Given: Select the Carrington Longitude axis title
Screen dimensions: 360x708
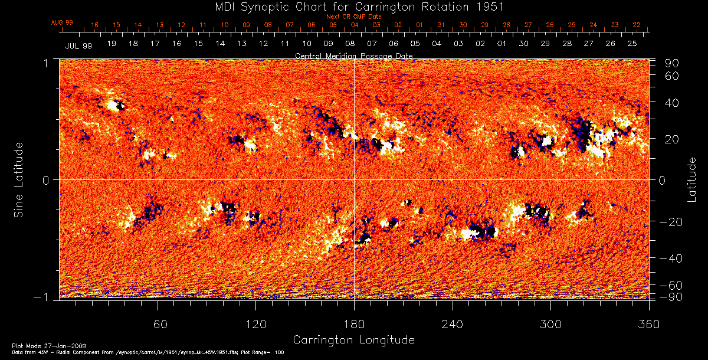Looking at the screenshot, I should coord(353,340).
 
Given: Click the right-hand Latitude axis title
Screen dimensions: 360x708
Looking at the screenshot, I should coord(692,179).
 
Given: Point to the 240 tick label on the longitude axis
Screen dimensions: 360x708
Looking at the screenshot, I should coord(452,325).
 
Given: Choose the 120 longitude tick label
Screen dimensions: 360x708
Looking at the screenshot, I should coord(255,325).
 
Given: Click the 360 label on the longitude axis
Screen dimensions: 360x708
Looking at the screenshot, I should coord(648,325).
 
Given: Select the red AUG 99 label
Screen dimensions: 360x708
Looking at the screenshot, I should coord(62,22).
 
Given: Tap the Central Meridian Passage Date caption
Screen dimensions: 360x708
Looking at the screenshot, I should coord(353,55).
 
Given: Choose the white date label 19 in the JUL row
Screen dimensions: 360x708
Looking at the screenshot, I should coord(112,44).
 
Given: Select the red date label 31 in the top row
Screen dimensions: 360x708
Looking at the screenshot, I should coord(441,25).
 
